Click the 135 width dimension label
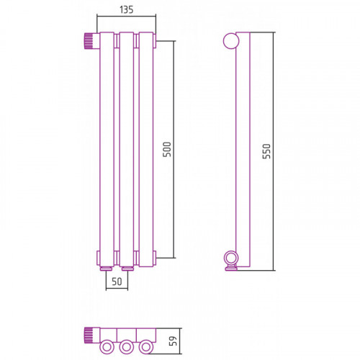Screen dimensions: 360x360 tap(126, 10)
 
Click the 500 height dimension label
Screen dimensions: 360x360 tap(167, 149)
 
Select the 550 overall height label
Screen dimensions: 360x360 tap(266, 151)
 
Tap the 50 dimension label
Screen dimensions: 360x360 tap(117, 282)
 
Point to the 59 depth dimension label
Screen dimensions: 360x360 tap(173, 341)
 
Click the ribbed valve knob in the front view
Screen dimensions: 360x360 tap(89, 41)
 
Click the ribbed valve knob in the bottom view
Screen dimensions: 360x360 tap(88, 336)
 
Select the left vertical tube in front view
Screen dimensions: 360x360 tap(107, 149)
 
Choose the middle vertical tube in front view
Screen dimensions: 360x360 tap(127, 149)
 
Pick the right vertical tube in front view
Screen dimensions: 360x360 tap(146, 149)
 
